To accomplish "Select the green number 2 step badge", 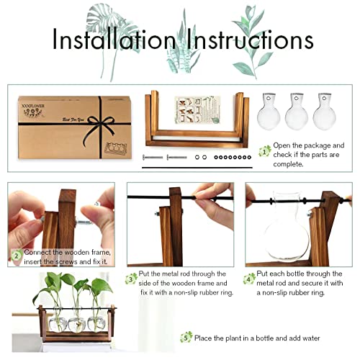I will tap(16, 254).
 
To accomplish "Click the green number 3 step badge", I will tap(131, 277).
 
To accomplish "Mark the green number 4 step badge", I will tap(249, 277).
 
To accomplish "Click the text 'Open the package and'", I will tap(310, 145).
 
